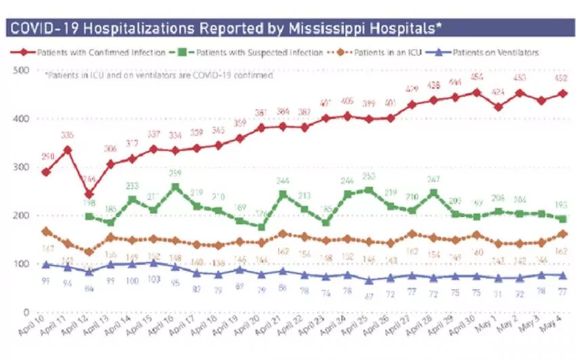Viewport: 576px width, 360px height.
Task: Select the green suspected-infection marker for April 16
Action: tap(176, 187)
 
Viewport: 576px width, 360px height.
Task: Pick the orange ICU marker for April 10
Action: tap(46, 232)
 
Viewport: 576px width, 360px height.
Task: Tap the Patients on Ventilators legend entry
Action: tap(488, 52)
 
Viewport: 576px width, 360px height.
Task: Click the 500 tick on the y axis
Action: tap(22, 71)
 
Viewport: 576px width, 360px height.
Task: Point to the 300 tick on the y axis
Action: tap(22, 167)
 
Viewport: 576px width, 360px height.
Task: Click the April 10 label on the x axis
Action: tap(39, 332)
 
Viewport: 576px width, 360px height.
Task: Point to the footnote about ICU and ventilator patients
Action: tap(160, 76)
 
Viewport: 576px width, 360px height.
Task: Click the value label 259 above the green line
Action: tap(176, 174)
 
